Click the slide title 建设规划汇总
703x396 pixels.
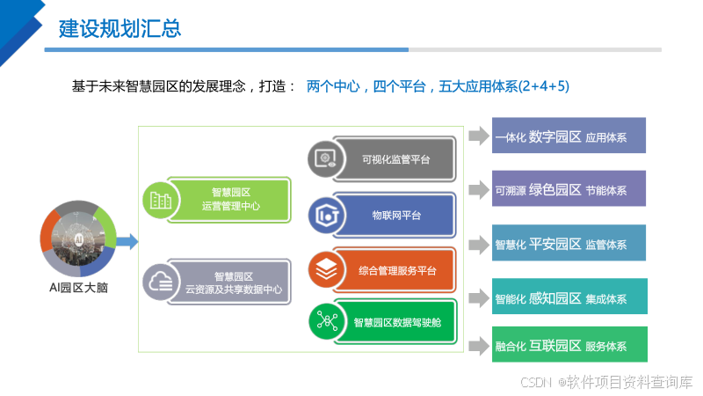tap(120, 28)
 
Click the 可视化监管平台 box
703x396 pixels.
tap(395, 159)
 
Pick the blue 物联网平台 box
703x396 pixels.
tap(396, 216)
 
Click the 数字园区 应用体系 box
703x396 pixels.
tap(569, 136)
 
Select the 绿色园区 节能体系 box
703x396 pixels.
tap(569, 189)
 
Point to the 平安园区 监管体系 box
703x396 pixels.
tap(569, 244)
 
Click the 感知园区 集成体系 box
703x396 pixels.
tap(569, 297)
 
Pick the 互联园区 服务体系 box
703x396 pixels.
tap(569, 345)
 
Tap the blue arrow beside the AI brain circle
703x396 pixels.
tap(127, 240)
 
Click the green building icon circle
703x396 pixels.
tap(160, 200)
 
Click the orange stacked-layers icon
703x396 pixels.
tap(325, 270)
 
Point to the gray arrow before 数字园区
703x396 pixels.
tap(478, 136)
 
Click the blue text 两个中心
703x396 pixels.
tap(333, 86)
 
